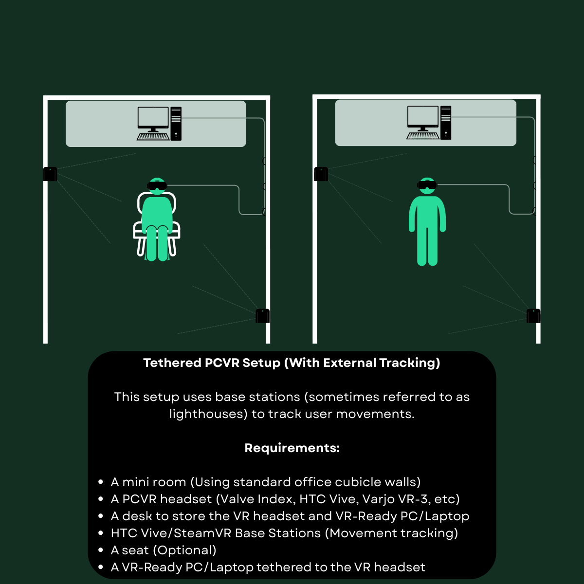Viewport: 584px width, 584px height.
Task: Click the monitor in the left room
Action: [x=153, y=119]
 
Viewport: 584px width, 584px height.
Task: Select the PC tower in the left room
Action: [x=176, y=123]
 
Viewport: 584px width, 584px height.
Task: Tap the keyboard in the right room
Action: [x=423, y=136]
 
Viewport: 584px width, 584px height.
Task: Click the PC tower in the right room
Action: [x=446, y=123]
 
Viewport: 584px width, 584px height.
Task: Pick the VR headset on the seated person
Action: [x=157, y=185]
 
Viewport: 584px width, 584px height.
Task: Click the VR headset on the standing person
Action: [x=427, y=184]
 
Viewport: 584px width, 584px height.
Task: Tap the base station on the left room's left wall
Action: [x=50, y=174]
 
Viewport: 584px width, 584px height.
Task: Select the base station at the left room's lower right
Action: [x=262, y=316]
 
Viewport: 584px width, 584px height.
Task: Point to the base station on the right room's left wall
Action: [x=321, y=174]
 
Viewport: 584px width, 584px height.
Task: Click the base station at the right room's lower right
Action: [x=533, y=316]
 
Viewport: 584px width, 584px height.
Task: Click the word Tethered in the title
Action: [x=172, y=363]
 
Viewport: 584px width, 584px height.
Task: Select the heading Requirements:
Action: [x=292, y=448]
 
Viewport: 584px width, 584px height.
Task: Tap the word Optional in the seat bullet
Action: [x=185, y=550]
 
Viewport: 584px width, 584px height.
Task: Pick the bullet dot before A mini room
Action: [x=101, y=482]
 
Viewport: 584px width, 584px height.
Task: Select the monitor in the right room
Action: [x=423, y=118]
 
